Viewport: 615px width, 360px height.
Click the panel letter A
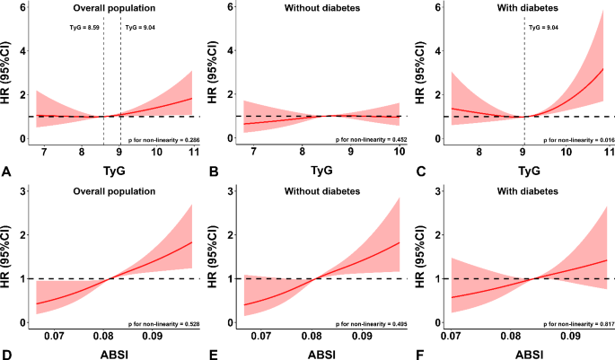7,168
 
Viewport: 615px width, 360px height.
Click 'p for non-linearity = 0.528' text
170,320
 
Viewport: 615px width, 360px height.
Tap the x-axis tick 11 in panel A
192,154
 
